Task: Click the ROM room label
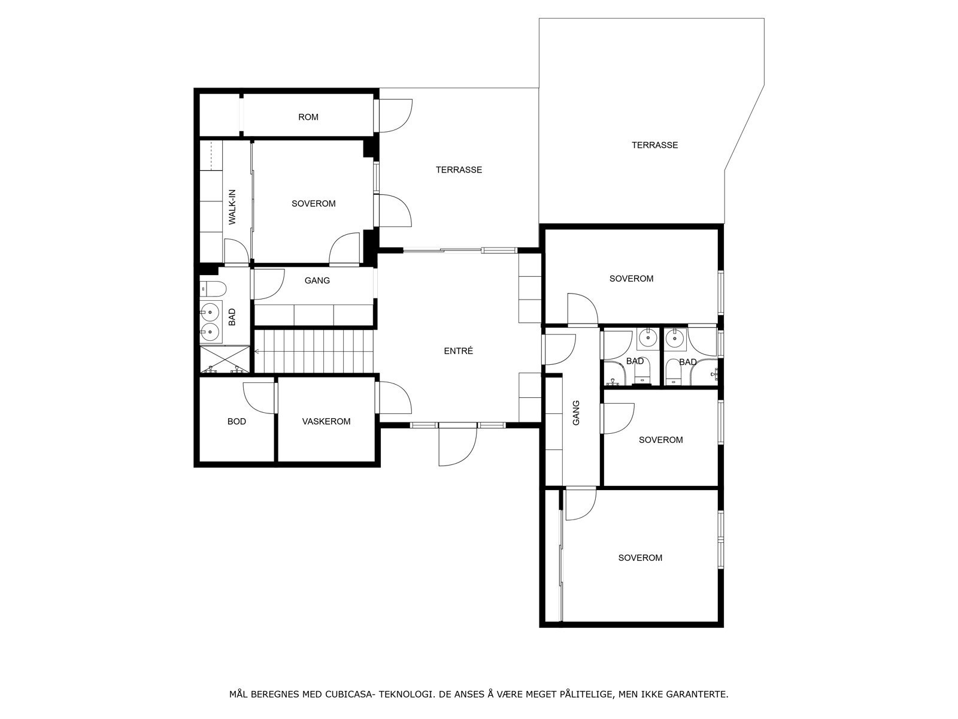tap(308, 117)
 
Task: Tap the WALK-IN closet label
tap(232, 207)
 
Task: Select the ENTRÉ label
tap(459, 351)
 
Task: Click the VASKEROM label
tap(326, 421)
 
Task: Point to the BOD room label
tap(237, 421)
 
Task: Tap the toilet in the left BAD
tap(212, 289)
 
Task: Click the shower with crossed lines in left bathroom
tap(224, 359)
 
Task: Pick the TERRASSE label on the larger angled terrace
tap(654, 145)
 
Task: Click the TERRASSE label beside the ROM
tap(459, 170)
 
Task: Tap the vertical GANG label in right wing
tap(576, 413)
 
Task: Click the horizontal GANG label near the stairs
tap(317, 280)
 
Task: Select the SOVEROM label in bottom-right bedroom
tap(640, 558)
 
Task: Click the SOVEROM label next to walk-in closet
tap(313, 204)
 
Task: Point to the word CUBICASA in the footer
tap(350, 694)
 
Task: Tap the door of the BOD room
tap(259, 397)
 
